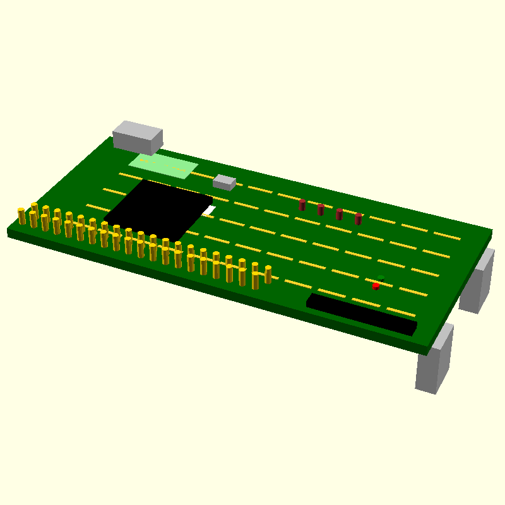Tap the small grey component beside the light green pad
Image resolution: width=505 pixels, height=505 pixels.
[224, 182]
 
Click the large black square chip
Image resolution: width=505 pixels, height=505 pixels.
[158, 209]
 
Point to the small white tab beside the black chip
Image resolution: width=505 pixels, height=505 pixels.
[210, 210]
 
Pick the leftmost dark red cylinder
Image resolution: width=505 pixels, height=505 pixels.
[302, 205]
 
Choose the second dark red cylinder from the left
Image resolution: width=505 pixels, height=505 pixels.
[321, 210]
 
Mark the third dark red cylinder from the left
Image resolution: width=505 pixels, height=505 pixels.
[340, 214]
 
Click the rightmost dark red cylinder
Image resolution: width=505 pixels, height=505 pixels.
[359, 219]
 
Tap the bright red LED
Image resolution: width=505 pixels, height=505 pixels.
[376, 286]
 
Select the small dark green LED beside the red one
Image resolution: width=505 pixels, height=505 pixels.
[382, 279]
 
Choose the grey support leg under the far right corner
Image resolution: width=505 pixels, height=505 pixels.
[478, 283]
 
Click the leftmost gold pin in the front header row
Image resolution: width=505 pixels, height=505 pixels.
[22, 216]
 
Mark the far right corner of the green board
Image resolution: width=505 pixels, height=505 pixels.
[491, 230]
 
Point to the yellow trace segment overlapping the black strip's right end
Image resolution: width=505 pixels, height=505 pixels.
[401, 312]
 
